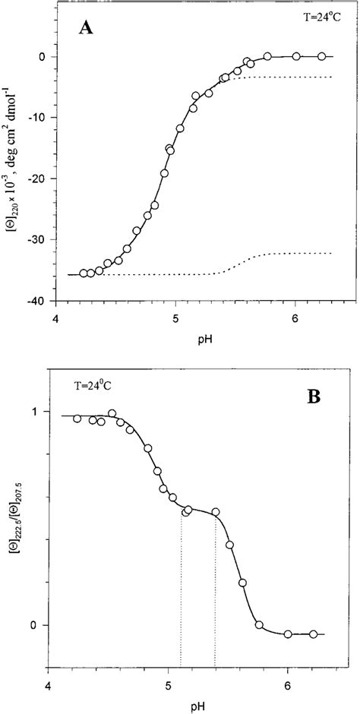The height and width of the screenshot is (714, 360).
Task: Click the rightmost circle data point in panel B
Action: [313, 633]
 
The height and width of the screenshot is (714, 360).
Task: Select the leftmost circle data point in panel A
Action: [84, 273]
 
